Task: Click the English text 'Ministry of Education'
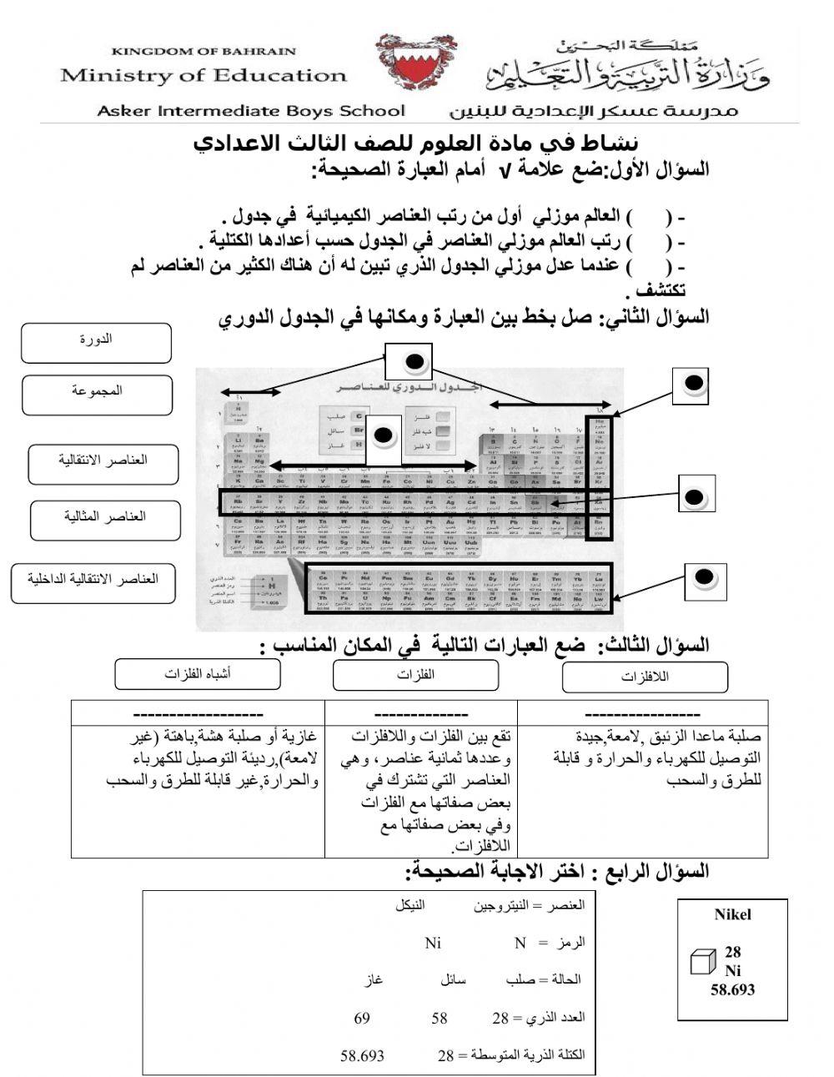pyautogui.click(x=203, y=76)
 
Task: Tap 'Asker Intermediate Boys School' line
pyautogui.click(x=251, y=111)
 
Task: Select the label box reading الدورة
pyautogui.click(x=96, y=343)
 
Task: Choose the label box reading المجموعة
pyautogui.click(x=97, y=394)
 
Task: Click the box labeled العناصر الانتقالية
pyautogui.click(x=103, y=463)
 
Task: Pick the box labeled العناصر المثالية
pyautogui.click(x=105, y=520)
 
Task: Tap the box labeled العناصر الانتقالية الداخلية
pyautogui.click(x=93, y=582)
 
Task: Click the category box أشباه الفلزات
pyautogui.click(x=198, y=675)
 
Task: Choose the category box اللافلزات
pyautogui.click(x=645, y=677)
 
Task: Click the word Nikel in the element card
pyautogui.click(x=732, y=914)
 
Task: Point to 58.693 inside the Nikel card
pyautogui.click(x=732, y=989)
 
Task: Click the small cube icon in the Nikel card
pyautogui.click(x=703, y=961)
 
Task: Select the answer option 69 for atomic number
pyautogui.click(x=362, y=1018)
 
